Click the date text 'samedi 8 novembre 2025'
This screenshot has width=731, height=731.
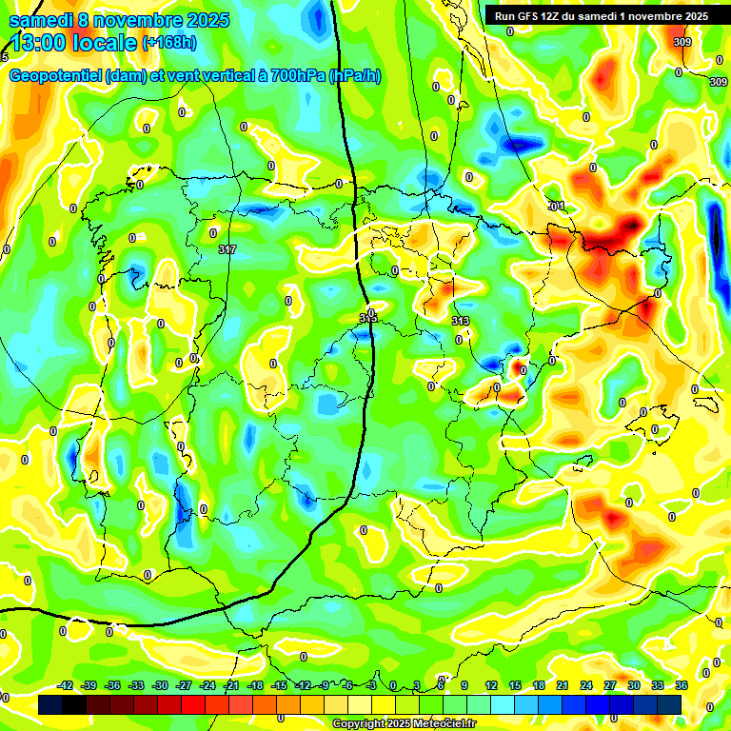point(119,20)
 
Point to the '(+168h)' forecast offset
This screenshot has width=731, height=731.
point(169,43)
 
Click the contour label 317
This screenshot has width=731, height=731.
point(227,250)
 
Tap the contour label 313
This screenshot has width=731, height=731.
point(461,321)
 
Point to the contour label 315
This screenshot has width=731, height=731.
point(368,318)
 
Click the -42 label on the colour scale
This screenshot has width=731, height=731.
point(65,685)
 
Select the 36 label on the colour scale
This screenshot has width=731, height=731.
point(682,685)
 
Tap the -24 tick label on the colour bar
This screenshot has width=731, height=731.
point(207,685)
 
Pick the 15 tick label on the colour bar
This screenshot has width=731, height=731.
point(515,685)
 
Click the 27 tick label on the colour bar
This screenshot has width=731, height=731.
point(610,685)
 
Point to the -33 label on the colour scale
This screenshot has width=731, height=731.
point(136,685)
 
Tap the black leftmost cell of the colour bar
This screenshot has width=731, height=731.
point(51,704)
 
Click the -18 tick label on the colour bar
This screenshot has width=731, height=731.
point(255,685)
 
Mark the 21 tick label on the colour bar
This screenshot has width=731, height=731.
point(563,685)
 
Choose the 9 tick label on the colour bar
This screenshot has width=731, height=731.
point(464,685)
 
